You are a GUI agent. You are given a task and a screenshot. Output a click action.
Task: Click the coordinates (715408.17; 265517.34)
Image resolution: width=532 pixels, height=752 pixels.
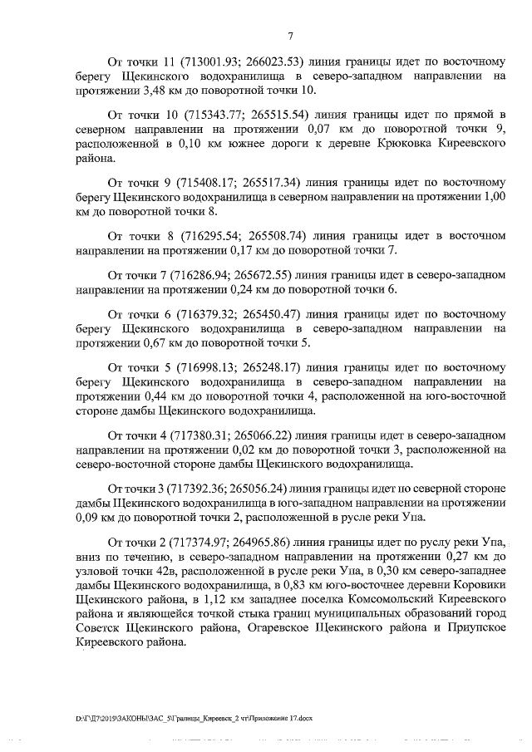pyautogui.click(x=233, y=184)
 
